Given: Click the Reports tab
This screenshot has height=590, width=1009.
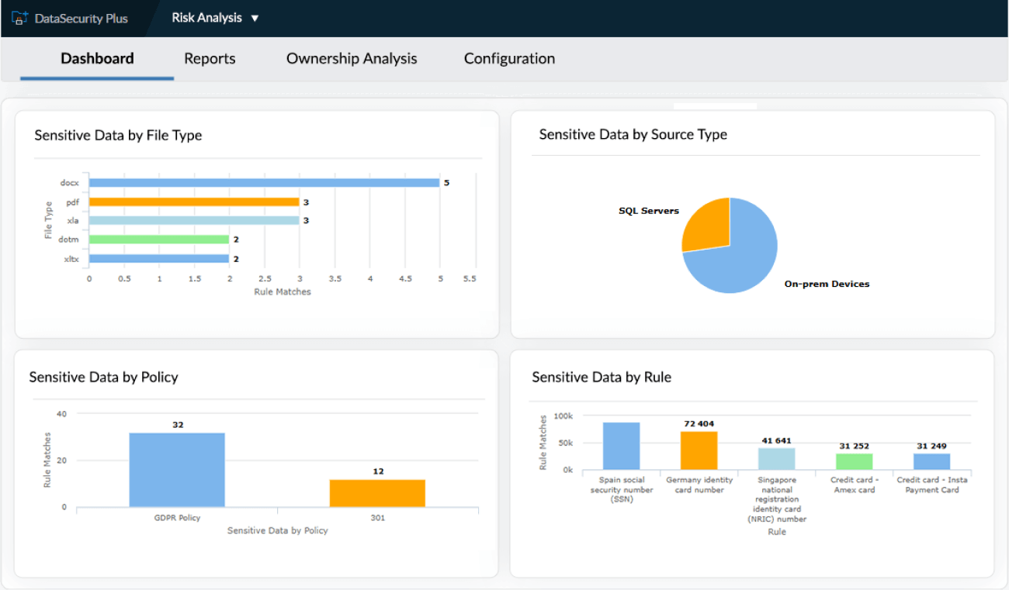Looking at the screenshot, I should pyautogui.click(x=210, y=59).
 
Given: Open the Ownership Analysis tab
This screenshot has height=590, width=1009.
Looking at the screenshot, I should pyautogui.click(x=352, y=59).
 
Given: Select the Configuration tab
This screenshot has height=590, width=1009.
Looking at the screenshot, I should pyautogui.click(x=509, y=59).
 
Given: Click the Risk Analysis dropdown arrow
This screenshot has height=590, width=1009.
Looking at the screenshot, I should pyautogui.click(x=255, y=18).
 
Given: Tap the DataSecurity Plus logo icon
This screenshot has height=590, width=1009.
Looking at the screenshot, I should pyautogui.click(x=20, y=18).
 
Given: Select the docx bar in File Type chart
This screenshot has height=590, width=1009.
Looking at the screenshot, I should pyautogui.click(x=264, y=183).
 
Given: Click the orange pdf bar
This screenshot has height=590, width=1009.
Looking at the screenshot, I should pyautogui.click(x=194, y=202).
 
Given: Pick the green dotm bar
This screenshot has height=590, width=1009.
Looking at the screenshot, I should pyautogui.click(x=158, y=240).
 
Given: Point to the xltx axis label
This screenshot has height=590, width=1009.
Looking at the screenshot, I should pyautogui.click(x=71, y=259).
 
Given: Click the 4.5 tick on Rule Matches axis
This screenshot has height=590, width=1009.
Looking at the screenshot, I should pyautogui.click(x=405, y=278).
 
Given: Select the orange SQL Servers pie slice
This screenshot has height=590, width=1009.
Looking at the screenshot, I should pyautogui.click(x=703, y=225).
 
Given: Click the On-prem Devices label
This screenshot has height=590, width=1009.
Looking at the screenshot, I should pyautogui.click(x=827, y=285).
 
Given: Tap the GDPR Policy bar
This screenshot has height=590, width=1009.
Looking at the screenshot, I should pyautogui.click(x=177, y=470).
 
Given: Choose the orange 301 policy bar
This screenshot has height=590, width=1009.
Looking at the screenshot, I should pyautogui.click(x=377, y=493).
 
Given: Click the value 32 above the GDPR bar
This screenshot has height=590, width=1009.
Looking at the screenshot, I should pyautogui.click(x=178, y=425).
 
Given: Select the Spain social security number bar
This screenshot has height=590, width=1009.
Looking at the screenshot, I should pyautogui.click(x=621, y=446).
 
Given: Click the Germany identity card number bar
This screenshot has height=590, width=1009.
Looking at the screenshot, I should pyautogui.click(x=699, y=450).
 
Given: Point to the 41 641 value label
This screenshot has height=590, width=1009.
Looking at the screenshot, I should pyautogui.click(x=776, y=440).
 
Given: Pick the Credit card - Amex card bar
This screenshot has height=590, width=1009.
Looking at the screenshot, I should pyautogui.click(x=855, y=461).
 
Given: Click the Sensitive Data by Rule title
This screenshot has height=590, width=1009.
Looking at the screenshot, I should pyautogui.click(x=602, y=378).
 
